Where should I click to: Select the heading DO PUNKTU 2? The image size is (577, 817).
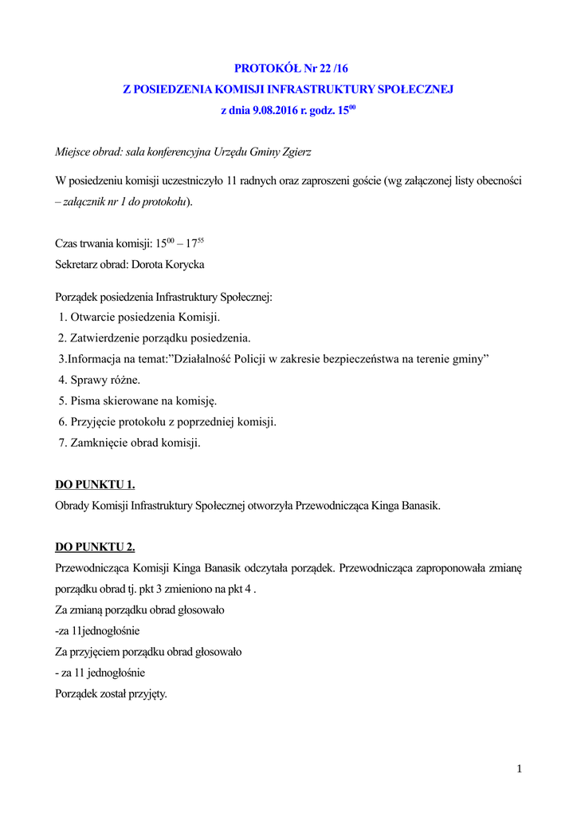95,547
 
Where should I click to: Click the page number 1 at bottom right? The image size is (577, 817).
519,768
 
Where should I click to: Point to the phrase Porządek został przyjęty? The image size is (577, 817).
111,693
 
